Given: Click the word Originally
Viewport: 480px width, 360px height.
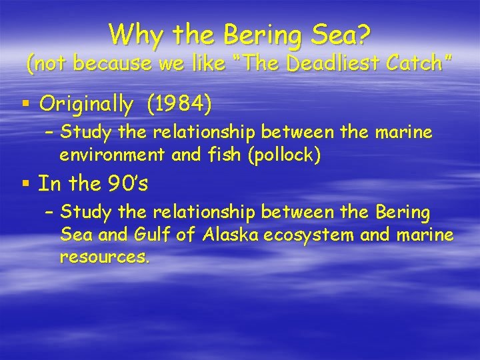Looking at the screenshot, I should tap(87, 105).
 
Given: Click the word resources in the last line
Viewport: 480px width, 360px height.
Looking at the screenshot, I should tap(103, 257).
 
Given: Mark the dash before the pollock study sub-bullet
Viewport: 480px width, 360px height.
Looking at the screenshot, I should tap(48, 133).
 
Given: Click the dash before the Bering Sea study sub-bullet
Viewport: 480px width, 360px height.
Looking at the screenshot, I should tap(48, 213).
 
